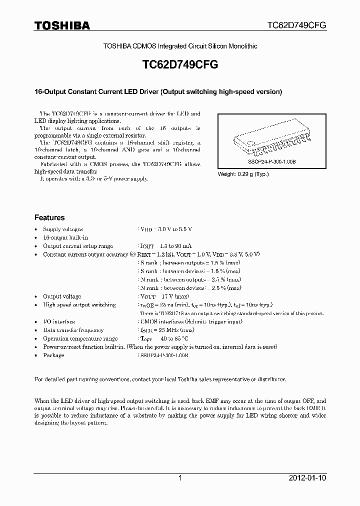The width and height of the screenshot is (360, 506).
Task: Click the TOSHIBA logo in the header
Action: pos(62,25)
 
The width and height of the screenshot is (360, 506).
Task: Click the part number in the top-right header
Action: pos(295,25)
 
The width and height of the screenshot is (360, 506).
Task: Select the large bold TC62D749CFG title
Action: pos(180,65)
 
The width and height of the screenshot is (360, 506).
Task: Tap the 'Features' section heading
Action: pos(49,218)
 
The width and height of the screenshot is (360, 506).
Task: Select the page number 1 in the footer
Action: pos(180,478)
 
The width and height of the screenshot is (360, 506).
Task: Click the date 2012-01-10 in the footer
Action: pos(307,478)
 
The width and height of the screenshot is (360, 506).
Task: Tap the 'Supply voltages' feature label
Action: pos(63,229)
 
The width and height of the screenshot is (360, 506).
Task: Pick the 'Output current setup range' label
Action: pos(78,246)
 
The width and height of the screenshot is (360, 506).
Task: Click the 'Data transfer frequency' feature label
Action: pos(73,330)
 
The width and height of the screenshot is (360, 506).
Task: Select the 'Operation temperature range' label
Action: pos(80,338)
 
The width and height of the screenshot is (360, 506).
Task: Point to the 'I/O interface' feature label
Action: pos(59,321)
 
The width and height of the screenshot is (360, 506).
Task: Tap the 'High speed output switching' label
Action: pos(79,305)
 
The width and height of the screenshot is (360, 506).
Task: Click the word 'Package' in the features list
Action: pos(53,355)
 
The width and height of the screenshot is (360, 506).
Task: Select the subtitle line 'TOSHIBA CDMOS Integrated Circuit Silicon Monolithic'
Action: pos(180,46)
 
